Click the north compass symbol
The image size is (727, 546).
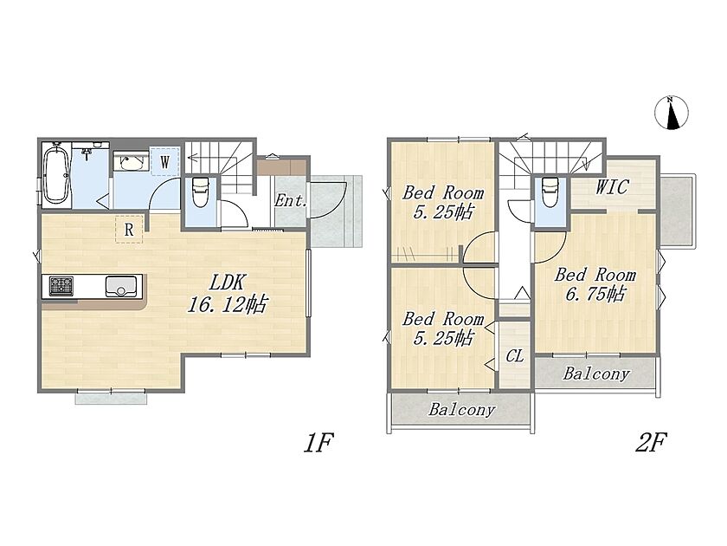[672, 113]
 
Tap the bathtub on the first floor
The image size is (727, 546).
[56, 172]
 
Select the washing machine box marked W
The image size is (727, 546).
[164, 161]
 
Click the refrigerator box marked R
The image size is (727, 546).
[129, 230]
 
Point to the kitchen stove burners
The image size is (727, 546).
[61, 286]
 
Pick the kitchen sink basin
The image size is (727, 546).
[121, 286]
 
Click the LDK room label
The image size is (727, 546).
[227, 283]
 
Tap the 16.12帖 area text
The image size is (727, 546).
[227, 304]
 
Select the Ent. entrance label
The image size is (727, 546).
[290, 201]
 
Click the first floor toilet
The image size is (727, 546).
[200, 192]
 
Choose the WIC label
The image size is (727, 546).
[612, 186]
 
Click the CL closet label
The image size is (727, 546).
[515, 356]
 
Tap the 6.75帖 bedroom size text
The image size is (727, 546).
[595, 294]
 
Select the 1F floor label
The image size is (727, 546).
[318, 442]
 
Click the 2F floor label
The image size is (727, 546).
[650, 442]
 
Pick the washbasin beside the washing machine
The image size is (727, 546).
[132, 162]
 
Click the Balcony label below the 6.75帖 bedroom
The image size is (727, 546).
[596, 374]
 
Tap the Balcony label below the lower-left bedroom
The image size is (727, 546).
[461, 409]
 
